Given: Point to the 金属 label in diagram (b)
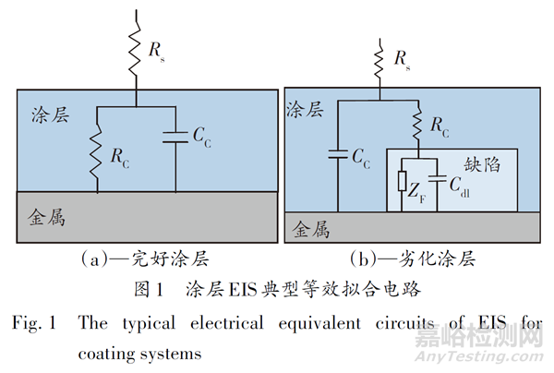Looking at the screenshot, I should tap(314, 226).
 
